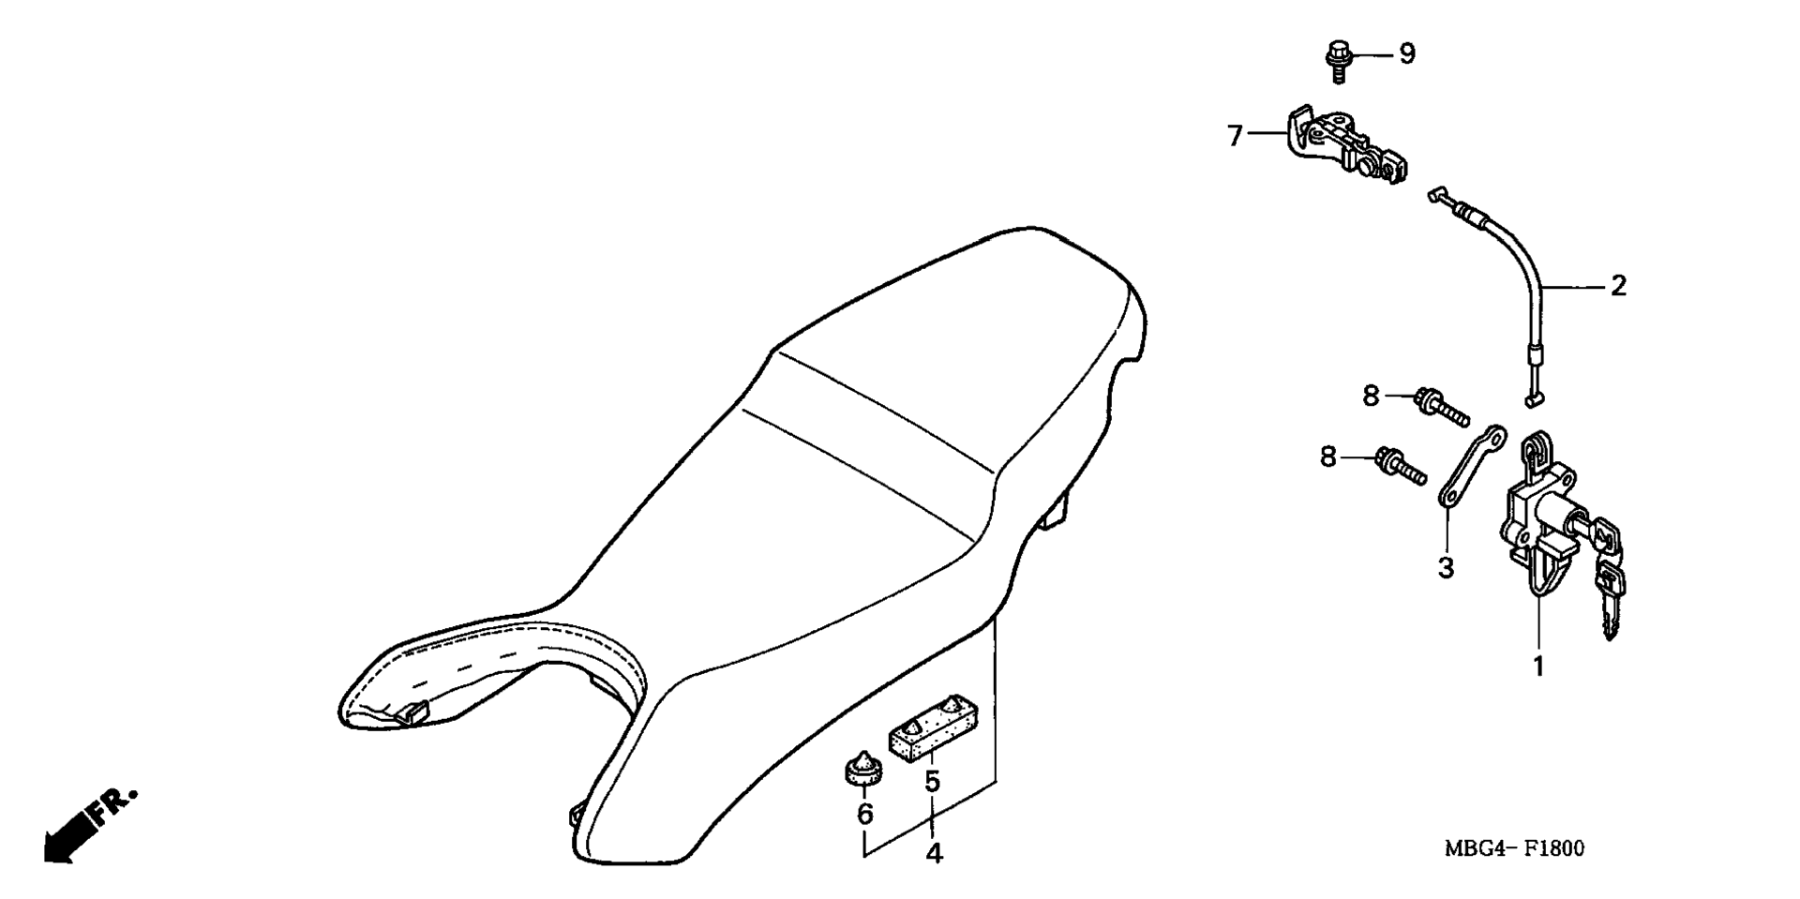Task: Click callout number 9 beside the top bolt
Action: (x=1406, y=54)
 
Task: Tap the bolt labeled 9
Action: (x=1338, y=55)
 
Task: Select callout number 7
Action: (x=1236, y=137)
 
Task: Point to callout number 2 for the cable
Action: (x=1619, y=286)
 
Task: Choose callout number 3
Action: (x=1447, y=567)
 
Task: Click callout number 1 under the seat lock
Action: (x=1537, y=667)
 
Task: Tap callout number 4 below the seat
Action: (x=934, y=854)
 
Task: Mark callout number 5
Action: (x=932, y=781)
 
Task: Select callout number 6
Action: (x=864, y=814)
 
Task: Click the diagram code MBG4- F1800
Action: (x=1514, y=848)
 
